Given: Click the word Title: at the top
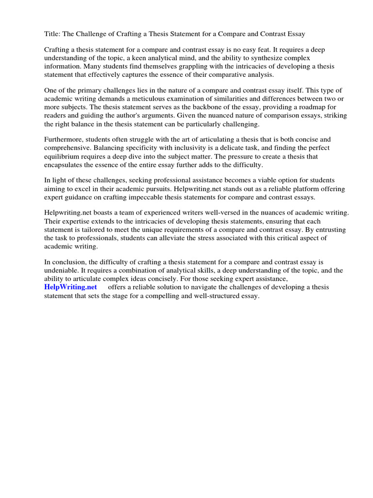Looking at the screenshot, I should pyautogui.click(x=53, y=34).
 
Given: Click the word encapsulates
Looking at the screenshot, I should pyautogui.click(x=66, y=165).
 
